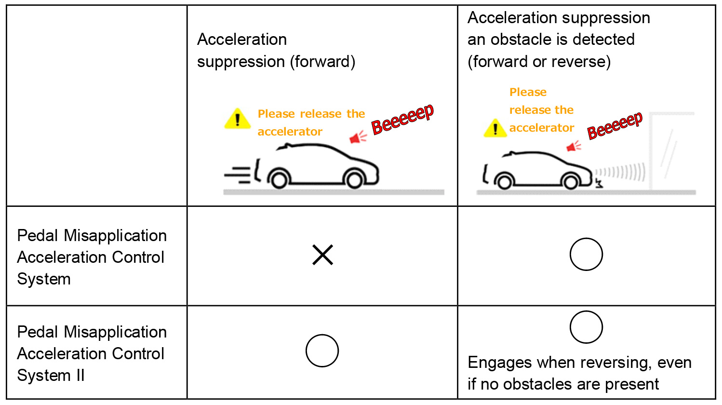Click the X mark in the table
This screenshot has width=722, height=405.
(x=322, y=255)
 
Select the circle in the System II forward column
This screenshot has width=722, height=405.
(x=322, y=335)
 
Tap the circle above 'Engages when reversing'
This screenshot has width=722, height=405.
(x=586, y=311)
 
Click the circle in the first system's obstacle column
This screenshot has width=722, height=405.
(x=586, y=239)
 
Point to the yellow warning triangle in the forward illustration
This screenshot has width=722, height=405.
(x=238, y=119)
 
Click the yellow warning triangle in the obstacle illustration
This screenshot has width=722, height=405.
(x=495, y=128)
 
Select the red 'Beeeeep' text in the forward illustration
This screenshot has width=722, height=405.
(x=402, y=119)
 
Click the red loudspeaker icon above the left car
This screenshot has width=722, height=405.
(x=358, y=137)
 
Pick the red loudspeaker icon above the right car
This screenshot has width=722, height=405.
(x=574, y=147)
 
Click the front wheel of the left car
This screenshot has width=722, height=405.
(x=354, y=180)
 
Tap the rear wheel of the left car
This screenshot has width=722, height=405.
(x=279, y=180)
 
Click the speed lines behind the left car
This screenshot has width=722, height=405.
(x=238, y=175)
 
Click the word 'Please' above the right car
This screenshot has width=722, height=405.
(x=528, y=92)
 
